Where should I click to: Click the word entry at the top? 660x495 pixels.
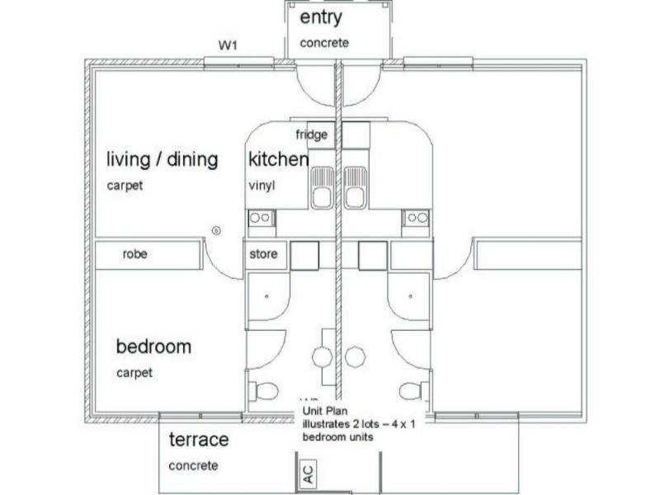pos(321,18)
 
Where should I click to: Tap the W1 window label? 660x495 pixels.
pos(228,45)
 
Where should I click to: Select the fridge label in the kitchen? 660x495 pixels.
pos(312,134)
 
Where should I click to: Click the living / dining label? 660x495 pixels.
pos(162,159)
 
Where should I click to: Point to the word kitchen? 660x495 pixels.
pos(278,159)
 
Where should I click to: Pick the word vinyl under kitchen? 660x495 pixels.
pos(262,185)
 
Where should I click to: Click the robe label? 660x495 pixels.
pos(134,254)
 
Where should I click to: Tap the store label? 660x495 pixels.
pos(263,254)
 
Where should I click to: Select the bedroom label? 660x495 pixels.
pos(153,346)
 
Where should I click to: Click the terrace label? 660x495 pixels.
pos(199,440)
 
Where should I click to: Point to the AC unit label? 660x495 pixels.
pos(308,474)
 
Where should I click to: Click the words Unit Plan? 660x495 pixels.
pos(325,410)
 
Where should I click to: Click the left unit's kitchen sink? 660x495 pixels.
pos(323,188)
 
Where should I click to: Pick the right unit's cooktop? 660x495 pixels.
pos(417,218)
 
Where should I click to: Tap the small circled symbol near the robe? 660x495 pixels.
pos(216,231)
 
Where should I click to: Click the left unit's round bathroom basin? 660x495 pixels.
pos(323,357)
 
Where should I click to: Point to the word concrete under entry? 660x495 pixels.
pos(324,43)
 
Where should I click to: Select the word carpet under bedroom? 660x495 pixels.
pos(134,373)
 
